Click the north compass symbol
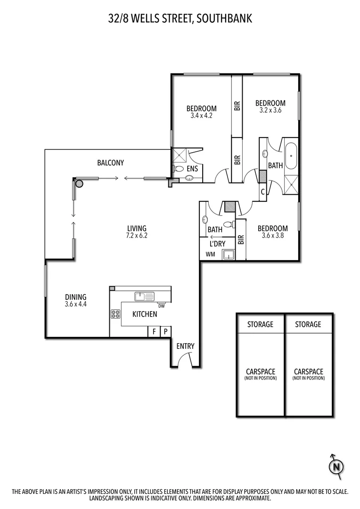[x=336, y=466]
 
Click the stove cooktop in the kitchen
[x=115, y=314]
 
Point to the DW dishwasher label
[x=161, y=306]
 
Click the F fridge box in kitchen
[x=154, y=331]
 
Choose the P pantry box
[x=165, y=331]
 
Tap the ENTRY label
[x=185, y=346]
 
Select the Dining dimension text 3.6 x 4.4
[x=76, y=304]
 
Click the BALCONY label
[x=110, y=163]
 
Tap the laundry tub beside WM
[x=229, y=255]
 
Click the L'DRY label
[x=217, y=244]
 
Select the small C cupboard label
[x=262, y=192]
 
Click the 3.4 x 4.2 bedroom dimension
[x=201, y=115]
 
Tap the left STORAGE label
[x=260, y=324]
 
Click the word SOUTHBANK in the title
[x=224, y=18]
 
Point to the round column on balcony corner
[x=78, y=183]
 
